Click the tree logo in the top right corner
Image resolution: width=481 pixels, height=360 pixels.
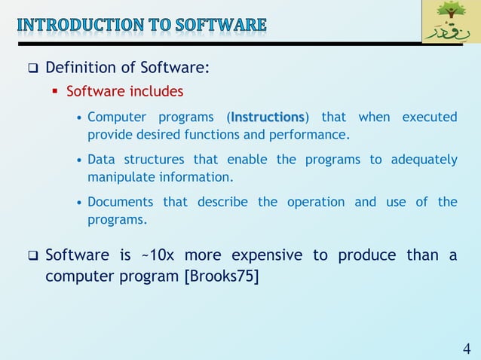pyautogui.click(x=450, y=22)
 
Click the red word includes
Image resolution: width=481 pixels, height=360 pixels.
pyautogui.click(x=155, y=92)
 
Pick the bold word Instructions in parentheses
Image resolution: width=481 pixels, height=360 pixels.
pyautogui.click(x=268, y=117)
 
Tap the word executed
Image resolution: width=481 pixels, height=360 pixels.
pyautogui.click(x=429, y=117)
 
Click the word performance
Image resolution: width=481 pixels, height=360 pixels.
pyautogui.click(x=313, y=135)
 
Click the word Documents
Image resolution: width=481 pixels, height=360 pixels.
pyautogui.click(x=120, y=202)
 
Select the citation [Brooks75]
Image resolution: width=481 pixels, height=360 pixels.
pyautogui.click(x=221, y=276)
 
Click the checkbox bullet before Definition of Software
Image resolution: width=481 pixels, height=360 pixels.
pyautogui.click(x=32, y=69)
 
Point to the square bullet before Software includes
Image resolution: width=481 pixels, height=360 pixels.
pyautogui.click(x=56, y=93)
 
